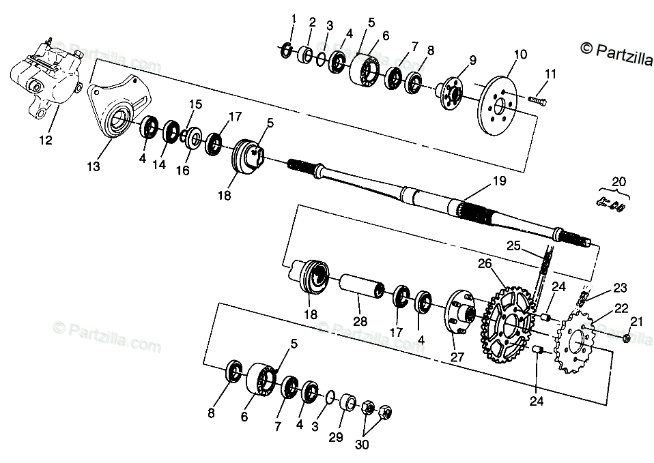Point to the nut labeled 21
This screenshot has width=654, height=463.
(x=627, y=338)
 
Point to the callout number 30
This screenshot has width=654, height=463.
(x=361, y=445)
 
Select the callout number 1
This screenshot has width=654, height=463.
(x=294, y=18)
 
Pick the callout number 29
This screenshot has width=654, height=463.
(x=336, y=437)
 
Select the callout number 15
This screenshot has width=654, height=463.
(x=196, y=104)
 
